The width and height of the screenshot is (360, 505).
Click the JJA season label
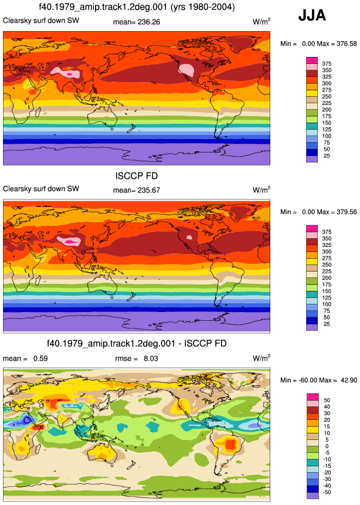(x=312, y=15)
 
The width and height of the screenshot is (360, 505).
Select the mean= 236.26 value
(x=137, y=22)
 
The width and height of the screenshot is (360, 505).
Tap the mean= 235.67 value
(x=137, y=191)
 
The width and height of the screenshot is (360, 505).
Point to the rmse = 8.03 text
(x=137, y=358)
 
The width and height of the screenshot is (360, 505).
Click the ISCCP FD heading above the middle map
(x=137, y=176)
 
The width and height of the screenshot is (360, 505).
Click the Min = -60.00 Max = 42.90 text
(x=318, y=380)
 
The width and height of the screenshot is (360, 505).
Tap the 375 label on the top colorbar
(x=327, y=64)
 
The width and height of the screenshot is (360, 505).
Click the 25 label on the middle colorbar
(x=327, y=324)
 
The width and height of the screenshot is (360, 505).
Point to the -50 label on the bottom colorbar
(x=327, y=492)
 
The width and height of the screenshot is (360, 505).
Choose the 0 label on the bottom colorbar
(x=327, y=446)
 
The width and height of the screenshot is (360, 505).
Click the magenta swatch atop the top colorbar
(x=312, y=60)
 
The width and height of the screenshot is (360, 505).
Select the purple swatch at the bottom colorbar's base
(x=312, y=496)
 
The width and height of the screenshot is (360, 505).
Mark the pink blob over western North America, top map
(x=187, y=70)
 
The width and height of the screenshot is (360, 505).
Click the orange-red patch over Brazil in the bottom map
(x=230, y=445)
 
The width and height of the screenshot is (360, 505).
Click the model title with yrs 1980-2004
(x=137, y=7)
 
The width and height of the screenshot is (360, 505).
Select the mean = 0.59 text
(x=25, y=358)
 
